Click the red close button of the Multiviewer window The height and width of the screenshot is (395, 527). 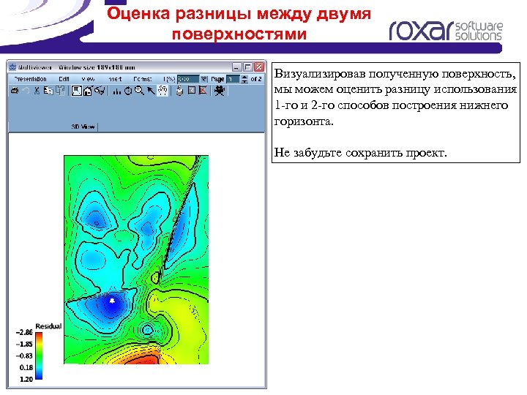259,67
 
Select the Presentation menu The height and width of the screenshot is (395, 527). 30,79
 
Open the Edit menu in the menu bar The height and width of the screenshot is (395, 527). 64,79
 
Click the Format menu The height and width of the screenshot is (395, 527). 143,79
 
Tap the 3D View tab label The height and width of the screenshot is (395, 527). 83,127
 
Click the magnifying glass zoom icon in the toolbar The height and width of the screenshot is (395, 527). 139,91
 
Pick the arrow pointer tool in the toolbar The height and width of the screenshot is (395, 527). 150,91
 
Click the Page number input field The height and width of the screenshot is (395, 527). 232,79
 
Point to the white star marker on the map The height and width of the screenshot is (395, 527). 112,301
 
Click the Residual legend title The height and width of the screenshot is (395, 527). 48,326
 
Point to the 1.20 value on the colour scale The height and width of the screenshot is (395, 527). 25,380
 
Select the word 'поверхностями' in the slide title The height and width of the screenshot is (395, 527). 238,34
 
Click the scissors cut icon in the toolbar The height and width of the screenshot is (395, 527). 36,91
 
